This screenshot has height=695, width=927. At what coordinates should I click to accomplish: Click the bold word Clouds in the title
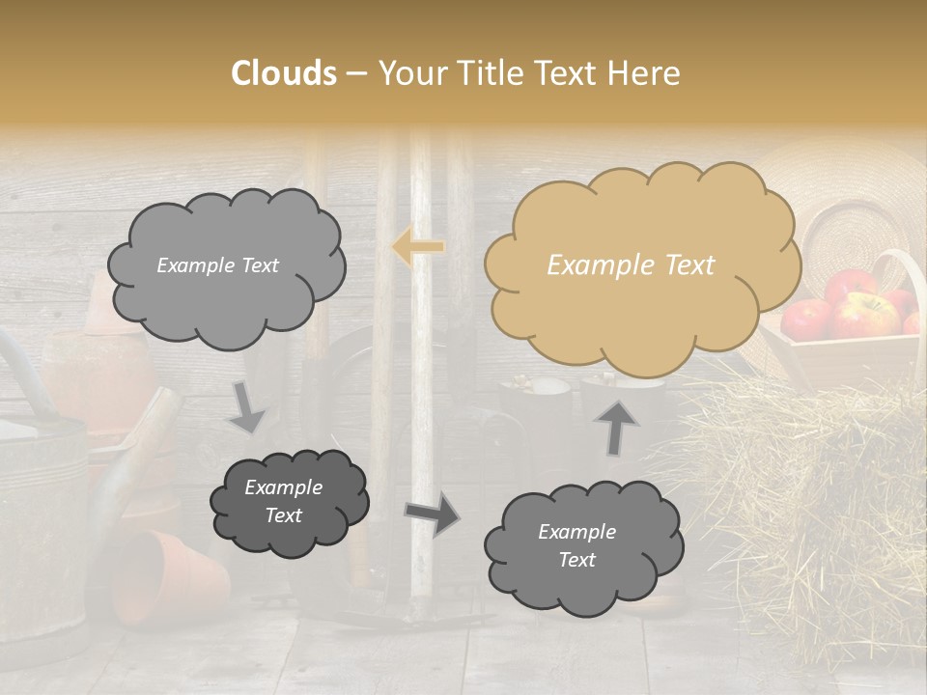tap(284, 73)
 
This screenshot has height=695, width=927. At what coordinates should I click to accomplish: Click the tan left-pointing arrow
tap(418, 247)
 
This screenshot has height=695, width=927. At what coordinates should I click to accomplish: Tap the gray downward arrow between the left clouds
tap(248, 407)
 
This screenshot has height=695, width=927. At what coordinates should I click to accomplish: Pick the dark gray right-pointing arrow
tap(432, 514)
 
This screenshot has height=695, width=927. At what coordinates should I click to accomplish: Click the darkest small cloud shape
tap(290, 502)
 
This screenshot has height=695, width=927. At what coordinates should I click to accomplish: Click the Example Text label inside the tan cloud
tap(631, 265)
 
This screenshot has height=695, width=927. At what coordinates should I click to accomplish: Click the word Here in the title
tap(648, 73)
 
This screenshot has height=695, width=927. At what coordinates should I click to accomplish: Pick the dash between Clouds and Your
tap(356, 74)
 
